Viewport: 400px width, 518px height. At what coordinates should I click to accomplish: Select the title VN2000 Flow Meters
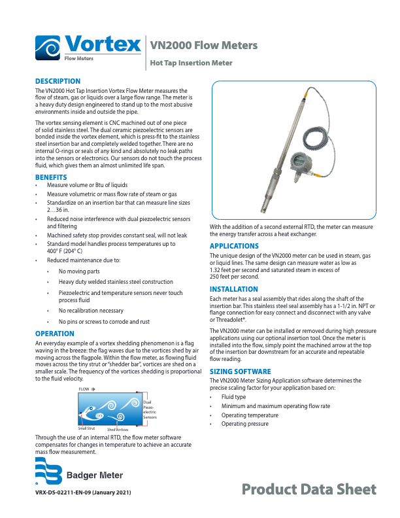tap(203, 45)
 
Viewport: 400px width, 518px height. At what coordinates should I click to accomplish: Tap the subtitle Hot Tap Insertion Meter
tap(192, 63)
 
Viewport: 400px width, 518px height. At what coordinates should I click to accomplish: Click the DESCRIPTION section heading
tap(58, 81)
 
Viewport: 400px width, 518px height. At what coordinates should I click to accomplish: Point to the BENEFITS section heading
tap(50, 178)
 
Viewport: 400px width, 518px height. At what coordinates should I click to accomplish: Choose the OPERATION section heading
tap(54, 334)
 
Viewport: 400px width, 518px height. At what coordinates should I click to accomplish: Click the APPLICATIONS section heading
tap(234, 246)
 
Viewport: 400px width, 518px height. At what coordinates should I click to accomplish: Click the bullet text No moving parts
tap(79, 271)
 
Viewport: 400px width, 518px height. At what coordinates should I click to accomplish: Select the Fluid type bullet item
tap(233, 397)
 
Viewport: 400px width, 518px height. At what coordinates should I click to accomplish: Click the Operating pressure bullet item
tap(244, 424)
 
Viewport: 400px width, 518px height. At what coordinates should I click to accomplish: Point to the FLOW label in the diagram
tap(84, 389)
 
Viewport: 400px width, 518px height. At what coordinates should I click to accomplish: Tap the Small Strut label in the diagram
tap(87, 428)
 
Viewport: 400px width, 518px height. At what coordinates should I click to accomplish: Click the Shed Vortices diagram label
tap(118, 429)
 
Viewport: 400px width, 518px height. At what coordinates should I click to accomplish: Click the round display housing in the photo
tap(299, 161)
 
